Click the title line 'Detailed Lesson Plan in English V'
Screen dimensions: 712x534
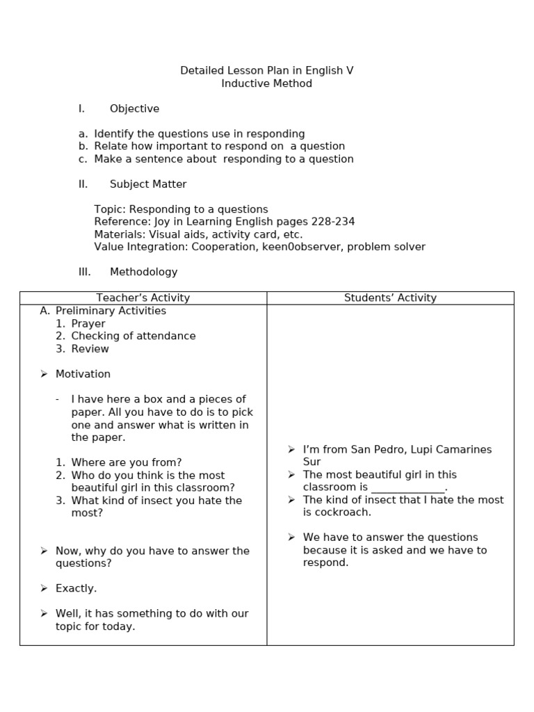[267, 71]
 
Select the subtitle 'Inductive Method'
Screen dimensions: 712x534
[267, 83]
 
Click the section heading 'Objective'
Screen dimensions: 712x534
[134, 108]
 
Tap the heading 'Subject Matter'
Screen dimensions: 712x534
[148, 184]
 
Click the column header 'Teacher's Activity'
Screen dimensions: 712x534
[143, 298]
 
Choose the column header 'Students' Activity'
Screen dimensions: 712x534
[390, 298]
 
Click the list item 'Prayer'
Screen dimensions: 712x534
[88, 323]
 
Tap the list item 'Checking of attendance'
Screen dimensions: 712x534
[133, 336]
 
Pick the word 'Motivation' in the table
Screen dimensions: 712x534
[83, 374]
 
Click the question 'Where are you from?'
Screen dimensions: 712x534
[127, 462]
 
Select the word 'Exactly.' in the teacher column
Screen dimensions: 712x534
[76, 588]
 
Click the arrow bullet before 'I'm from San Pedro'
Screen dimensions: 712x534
[292, 450]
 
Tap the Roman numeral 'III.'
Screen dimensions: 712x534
[85, 272]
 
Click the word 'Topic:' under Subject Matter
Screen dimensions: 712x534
[110, 209]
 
